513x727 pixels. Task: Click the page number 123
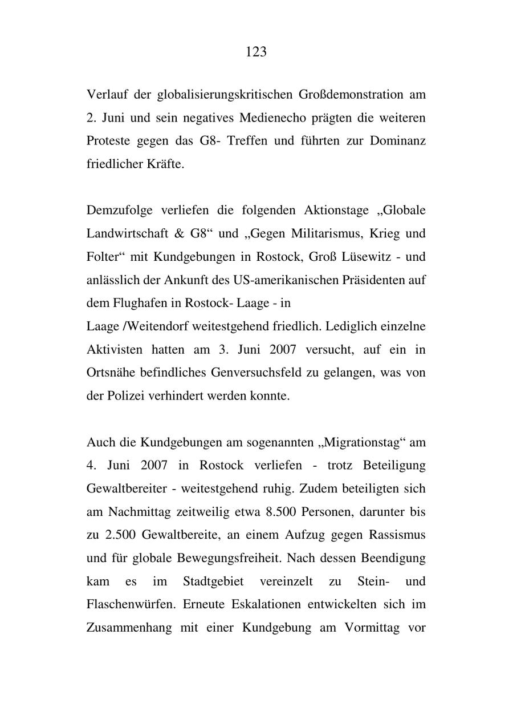[x=256, y=52]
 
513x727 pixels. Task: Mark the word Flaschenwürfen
[x=131, y=604]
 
